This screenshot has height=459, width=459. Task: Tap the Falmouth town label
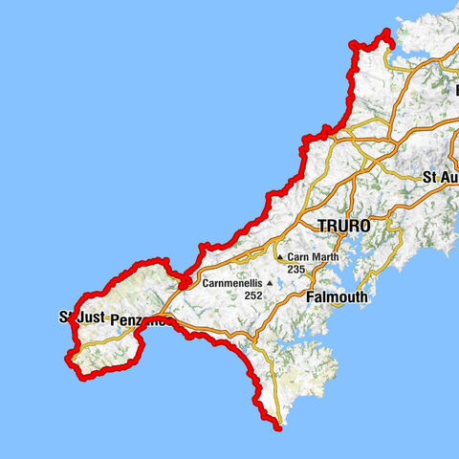tap(337, 297)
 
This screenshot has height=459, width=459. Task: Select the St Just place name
tap(79, 316)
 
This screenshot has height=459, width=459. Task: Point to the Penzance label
tap(142, 319)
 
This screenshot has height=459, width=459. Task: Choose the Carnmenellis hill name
tap(233, 283)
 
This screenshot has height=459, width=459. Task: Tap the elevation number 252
tap(253, 295)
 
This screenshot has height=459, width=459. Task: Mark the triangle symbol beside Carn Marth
tap(279, 257)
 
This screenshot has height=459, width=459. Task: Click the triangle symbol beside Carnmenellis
tap(271, 283)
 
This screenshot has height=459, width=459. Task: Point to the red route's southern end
tap(278, 426)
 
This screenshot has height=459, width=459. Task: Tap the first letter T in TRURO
tap(321, 226)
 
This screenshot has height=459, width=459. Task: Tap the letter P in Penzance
tap(116, 319)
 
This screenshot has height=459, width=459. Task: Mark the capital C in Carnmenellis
tap(207, 283)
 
